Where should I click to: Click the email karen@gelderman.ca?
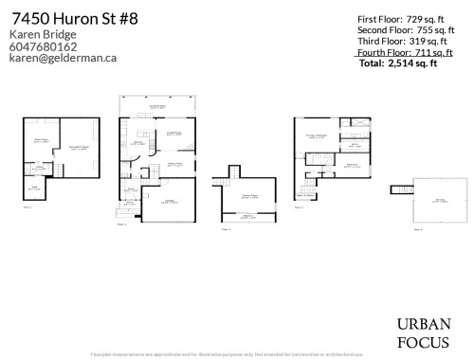63,58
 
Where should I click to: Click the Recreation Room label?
78,149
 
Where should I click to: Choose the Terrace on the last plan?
439,200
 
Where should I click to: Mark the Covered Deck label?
156,106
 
